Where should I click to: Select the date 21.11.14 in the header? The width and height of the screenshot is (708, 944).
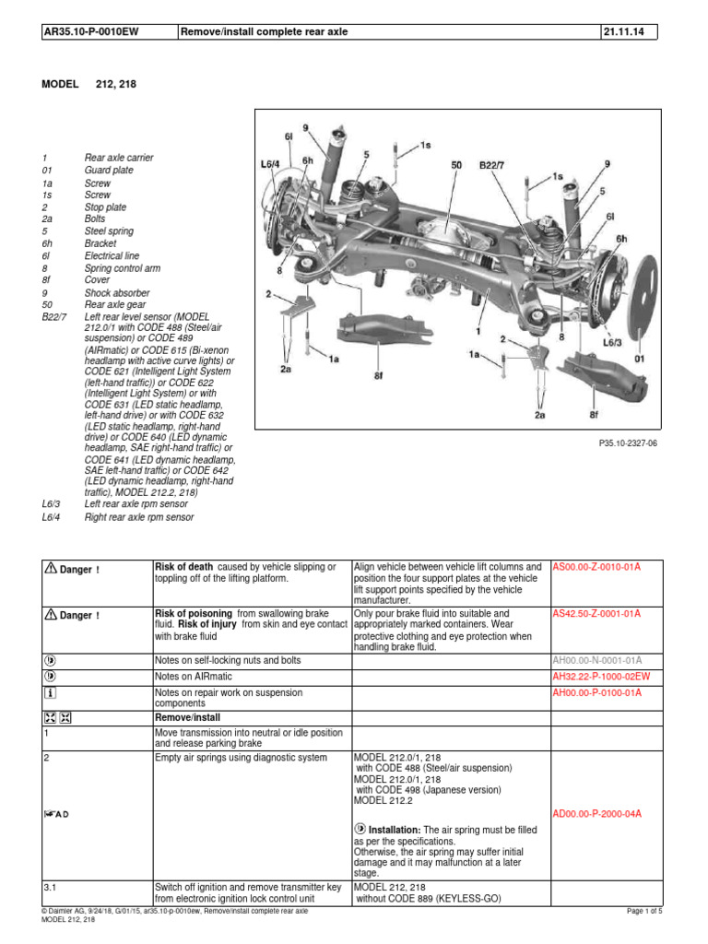[x=624, y=33]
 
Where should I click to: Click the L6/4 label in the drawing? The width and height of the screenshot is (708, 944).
[x=269, y=164]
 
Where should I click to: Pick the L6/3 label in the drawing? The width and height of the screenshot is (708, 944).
[x=613, y=342]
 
